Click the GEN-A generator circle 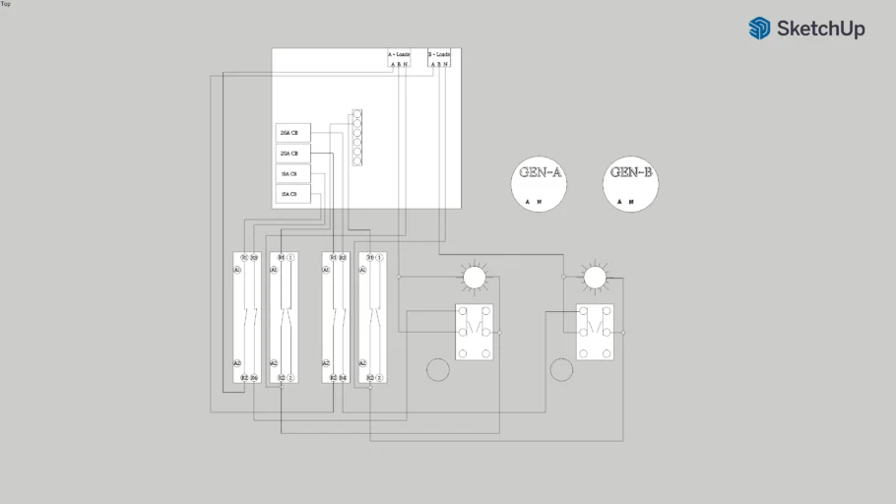click(x=541, y=183)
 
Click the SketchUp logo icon click(x=759, y=29)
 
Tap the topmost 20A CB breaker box click(x=292, y=133)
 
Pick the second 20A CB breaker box click(x=292, y=155)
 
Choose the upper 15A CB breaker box click(x=292, y=174)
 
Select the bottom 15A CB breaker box click(x=292, y=195)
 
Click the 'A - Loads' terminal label click(x=400, y=54)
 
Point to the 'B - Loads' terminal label click(x=440, y=54)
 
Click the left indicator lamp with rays click(x=474, y=279)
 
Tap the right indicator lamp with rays click(x=595, y=279)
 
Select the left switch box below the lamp click(x=474, y=332)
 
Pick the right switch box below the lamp click(x=595, y=332)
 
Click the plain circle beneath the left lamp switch click(x=437, y=370)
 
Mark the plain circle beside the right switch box click(x=560, y=370)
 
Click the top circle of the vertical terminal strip click(x=356, y=114)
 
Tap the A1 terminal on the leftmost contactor click(x=237, y=270)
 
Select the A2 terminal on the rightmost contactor click(x=363, y=363)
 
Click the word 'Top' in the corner click(x=6, y=4)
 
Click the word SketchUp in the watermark click(x=820, y=29)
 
